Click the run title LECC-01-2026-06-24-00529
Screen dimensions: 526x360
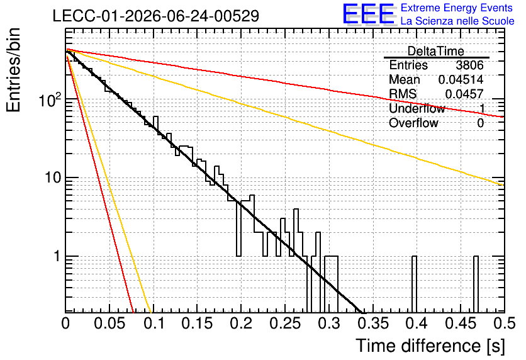156,16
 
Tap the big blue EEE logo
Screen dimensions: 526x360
369,14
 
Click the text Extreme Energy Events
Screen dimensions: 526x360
457,8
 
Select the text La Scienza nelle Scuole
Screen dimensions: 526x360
457,21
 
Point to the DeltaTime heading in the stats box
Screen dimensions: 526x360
436,51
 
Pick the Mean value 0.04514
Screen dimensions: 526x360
461,79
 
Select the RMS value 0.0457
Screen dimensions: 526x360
464,94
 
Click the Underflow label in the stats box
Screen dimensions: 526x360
417,108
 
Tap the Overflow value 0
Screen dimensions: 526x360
480,123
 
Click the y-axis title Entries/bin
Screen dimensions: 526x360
13,70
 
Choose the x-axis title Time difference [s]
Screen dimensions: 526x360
430,346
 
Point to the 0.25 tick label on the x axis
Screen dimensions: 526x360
285,323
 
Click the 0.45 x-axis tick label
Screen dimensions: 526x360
461,323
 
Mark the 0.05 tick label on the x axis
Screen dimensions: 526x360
109,323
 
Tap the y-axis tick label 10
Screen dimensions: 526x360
53,177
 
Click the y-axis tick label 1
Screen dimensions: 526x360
57,256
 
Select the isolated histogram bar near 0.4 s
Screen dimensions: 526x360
414,284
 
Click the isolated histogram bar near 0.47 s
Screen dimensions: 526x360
476,284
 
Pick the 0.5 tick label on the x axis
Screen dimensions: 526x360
505,323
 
